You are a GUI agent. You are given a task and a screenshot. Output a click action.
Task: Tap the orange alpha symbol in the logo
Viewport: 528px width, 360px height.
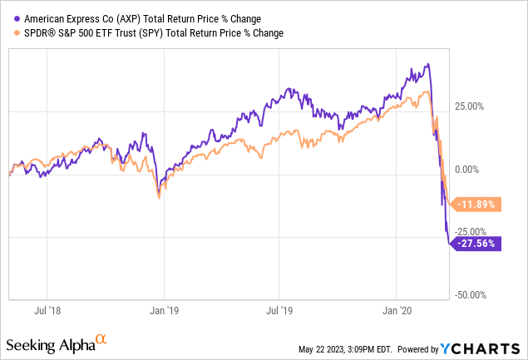click(101, 339)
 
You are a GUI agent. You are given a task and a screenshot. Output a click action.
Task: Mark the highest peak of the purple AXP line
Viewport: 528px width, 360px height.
click(427, 64)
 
